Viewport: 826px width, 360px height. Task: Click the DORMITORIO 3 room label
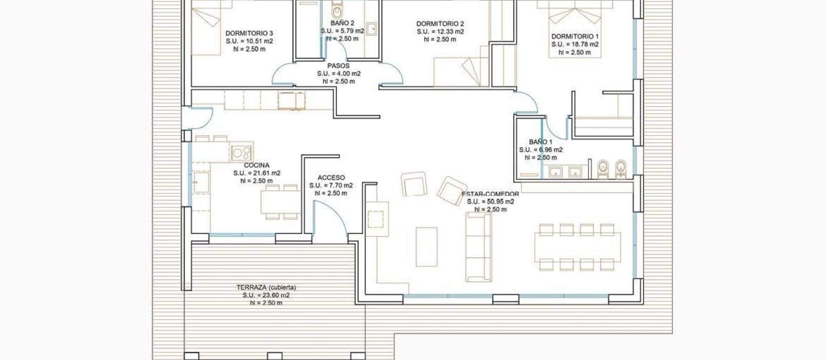click(249, 34)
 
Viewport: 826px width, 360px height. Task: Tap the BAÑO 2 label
click(342, 23)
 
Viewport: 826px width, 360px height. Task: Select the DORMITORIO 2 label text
click(440, 24)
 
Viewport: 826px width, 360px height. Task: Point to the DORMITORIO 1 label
click(575, 37)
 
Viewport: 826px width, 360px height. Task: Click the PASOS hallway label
click(339, 66)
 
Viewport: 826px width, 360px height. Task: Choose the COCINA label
click(257, 165)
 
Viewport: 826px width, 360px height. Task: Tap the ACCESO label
click(331, 178)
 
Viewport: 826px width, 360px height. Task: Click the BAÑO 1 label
click(541, 142)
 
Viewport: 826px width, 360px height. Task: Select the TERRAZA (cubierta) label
click(266, 287)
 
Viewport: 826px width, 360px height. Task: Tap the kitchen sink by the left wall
click(201, 182)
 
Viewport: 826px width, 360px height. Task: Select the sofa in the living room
click(479, 247)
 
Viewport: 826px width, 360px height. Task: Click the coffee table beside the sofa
click(426, 247)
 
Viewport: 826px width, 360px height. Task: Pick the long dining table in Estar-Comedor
click(577, 247)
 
